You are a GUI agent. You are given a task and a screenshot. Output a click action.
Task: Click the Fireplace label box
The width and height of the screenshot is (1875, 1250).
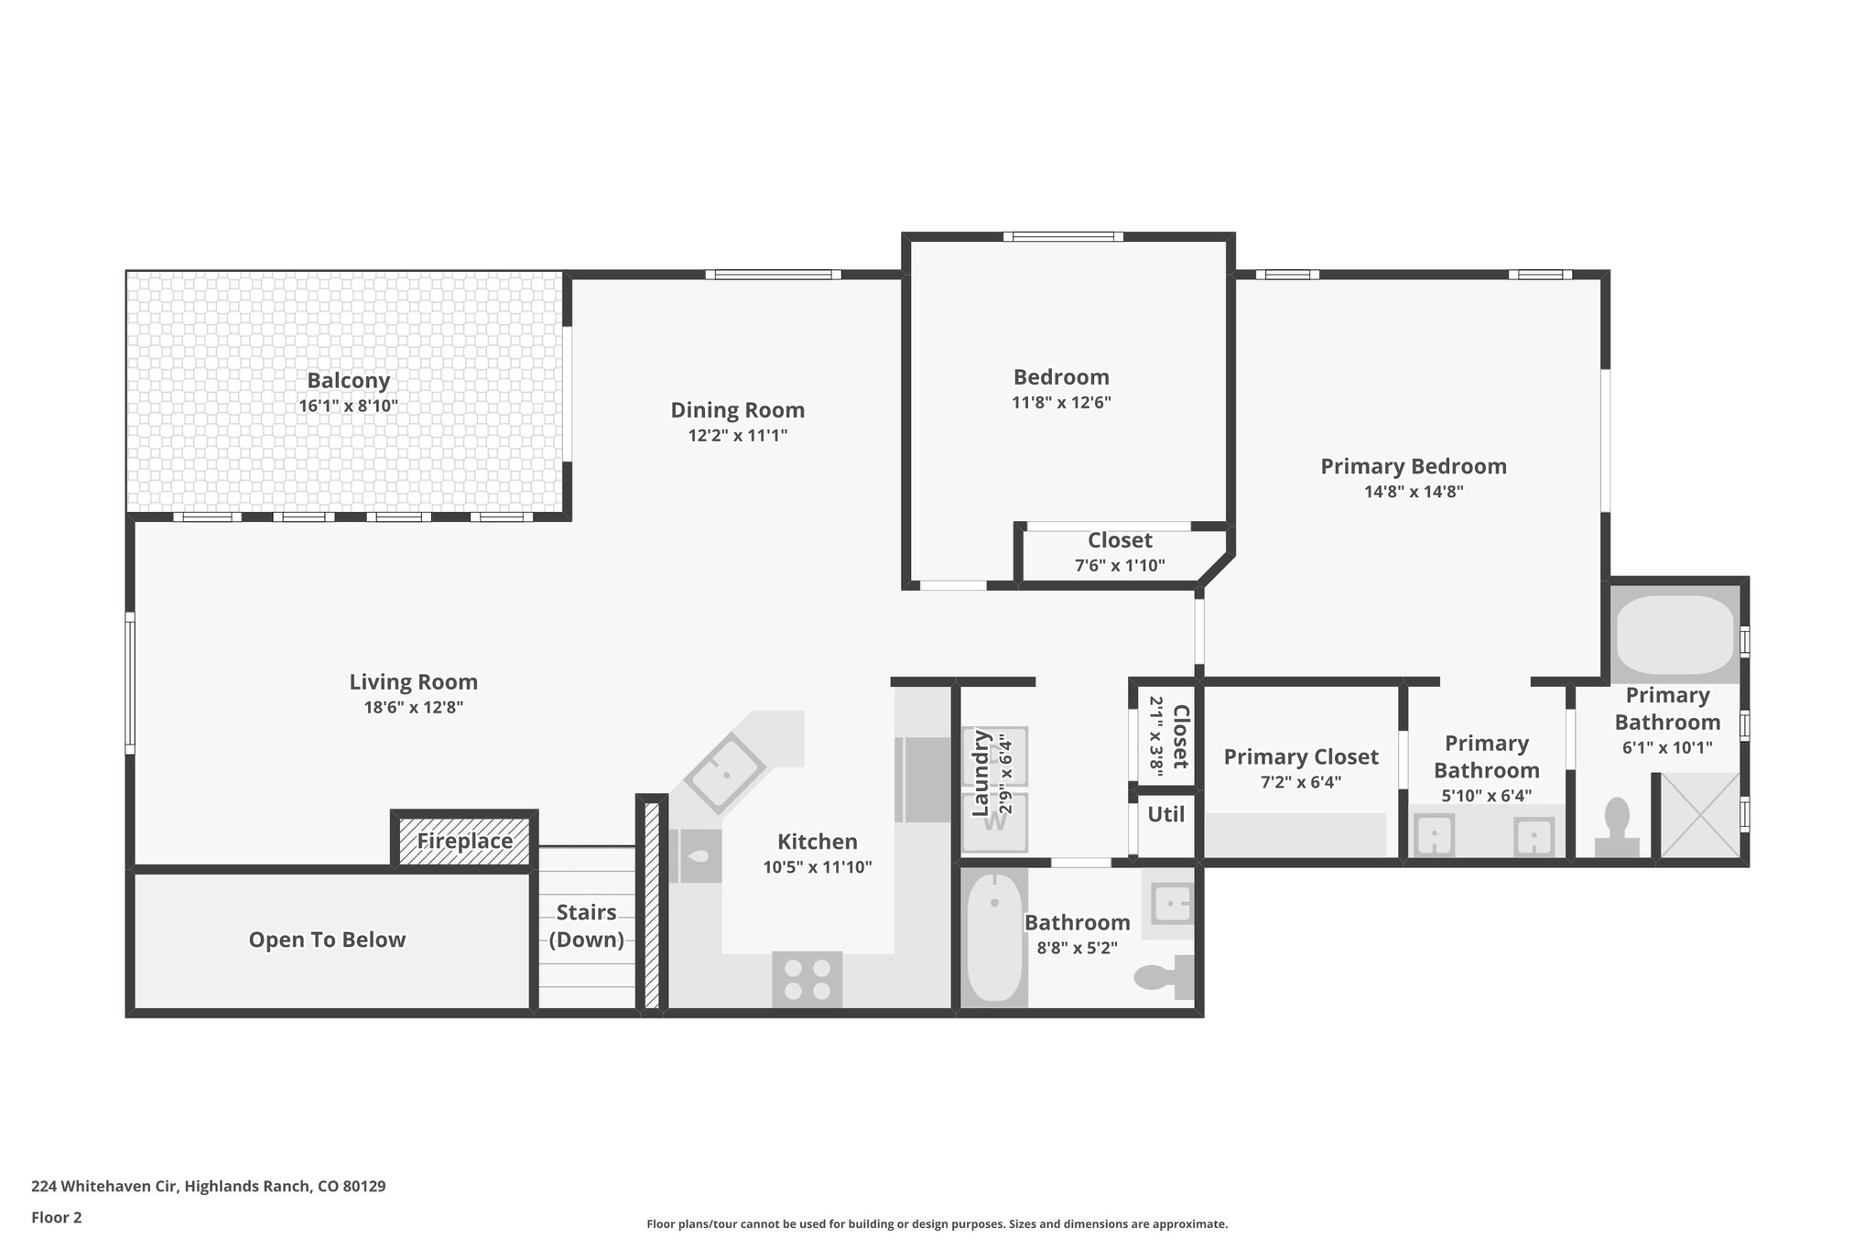coord(464,841)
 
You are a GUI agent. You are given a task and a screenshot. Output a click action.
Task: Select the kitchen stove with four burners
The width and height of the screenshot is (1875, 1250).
coord(807,980)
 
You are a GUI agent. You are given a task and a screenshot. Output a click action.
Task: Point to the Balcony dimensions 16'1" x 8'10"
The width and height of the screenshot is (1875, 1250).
coord(348,406)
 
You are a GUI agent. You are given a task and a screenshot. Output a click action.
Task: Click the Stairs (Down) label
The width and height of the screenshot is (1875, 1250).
coord(586,926)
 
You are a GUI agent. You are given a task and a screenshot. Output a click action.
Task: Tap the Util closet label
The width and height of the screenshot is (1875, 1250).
coord(1165,814)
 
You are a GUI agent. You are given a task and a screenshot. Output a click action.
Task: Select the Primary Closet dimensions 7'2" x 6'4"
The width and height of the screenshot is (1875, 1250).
coord(1300,782)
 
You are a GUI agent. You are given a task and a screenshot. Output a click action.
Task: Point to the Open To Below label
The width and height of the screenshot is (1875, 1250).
coord(327,940)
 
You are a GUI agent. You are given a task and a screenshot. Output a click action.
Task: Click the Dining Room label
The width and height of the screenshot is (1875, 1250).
coord(737,410)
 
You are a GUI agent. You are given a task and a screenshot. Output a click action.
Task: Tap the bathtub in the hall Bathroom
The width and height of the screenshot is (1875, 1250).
coord(993,938)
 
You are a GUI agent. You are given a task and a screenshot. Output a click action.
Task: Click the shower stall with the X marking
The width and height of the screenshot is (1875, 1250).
coord(1699,815)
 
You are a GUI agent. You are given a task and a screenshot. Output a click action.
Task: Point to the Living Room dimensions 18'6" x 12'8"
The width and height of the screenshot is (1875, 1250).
coord(414,707)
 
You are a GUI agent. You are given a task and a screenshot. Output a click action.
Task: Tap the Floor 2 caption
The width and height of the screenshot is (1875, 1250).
coord(57,1217)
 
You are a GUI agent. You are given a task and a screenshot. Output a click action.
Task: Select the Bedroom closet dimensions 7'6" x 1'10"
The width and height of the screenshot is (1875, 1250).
coord(1119,566)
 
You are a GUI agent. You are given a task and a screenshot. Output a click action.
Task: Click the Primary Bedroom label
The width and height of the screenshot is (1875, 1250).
coord(1413,466)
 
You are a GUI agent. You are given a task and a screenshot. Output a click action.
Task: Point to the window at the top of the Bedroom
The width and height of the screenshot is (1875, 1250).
coord(1062,237)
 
